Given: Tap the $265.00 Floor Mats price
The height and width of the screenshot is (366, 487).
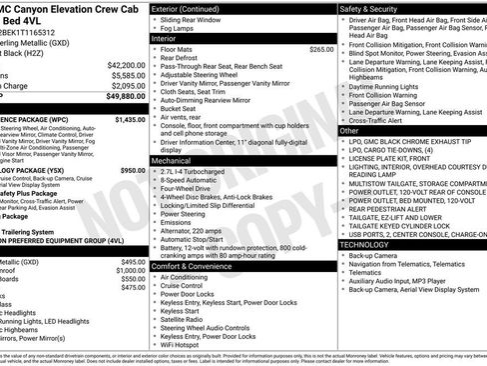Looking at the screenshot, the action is click(x=321, y=49).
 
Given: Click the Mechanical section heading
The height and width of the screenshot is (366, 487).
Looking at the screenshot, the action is click(x=176, y=159).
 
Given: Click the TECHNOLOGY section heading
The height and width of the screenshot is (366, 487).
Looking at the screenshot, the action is click(x=372, y=244).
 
